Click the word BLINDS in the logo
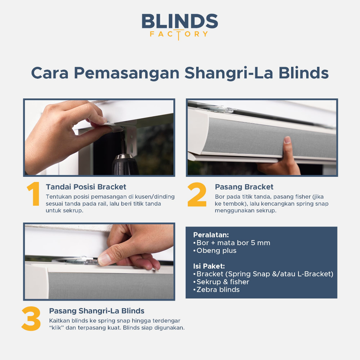click(x=180, y=21)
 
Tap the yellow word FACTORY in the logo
click(x=179, y=34)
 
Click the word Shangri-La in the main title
click(x=229, y=73)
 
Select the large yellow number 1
click(x=33, y=194)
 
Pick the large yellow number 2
click(x=197, y=194)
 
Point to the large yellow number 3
click(x=31, y=319)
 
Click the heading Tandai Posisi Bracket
click(x=86, y=187)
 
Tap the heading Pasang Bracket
click(x=244, y=187)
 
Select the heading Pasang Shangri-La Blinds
click(x=97, y=311)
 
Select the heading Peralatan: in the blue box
click(x=211, y=235)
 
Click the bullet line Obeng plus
click(x=215, y=250)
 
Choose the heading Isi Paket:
click(x=209, y=266)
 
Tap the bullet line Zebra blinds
click(x=216, y=290)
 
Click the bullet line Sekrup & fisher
click(x=221, y=282)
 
